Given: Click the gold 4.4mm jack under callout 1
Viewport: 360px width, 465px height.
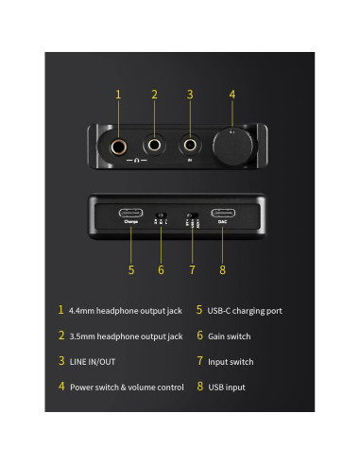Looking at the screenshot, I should [x=119, y=146].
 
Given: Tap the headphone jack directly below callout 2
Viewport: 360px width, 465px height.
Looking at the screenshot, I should [x=155, y=146].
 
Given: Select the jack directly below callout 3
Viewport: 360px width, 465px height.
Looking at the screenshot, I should [x=190, y=146].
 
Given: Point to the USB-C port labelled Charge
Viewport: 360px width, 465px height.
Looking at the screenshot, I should [x=131, y=213].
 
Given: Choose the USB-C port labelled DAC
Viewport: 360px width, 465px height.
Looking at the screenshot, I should [x=223, y=213].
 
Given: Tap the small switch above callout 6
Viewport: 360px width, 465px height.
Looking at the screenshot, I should [x=161, y=216].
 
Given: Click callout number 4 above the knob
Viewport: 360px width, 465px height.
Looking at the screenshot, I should [x=231, y=95].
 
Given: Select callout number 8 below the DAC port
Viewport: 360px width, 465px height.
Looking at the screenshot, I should [x=223, y=270].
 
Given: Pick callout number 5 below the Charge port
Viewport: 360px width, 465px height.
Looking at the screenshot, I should [x=131, y=270].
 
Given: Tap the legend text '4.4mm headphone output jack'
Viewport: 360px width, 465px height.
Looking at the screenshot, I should [x=126, y=310].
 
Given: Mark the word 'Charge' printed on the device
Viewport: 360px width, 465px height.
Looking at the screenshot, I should [x=131, y=222].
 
